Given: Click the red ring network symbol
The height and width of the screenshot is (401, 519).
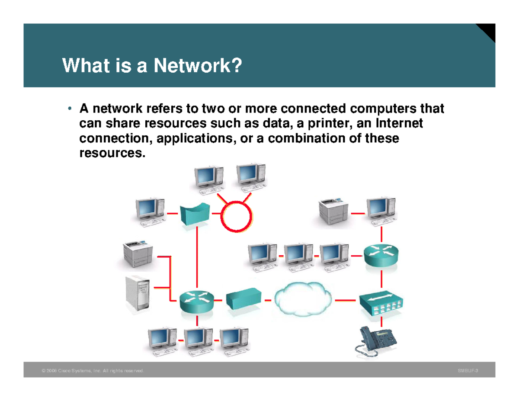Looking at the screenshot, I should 236,215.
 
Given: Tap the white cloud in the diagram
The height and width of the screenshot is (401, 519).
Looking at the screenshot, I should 303,298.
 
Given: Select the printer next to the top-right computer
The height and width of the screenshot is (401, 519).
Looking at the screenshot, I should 333,212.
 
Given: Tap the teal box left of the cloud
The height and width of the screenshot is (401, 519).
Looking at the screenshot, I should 243,299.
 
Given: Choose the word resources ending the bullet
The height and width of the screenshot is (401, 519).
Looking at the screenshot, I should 110,153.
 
